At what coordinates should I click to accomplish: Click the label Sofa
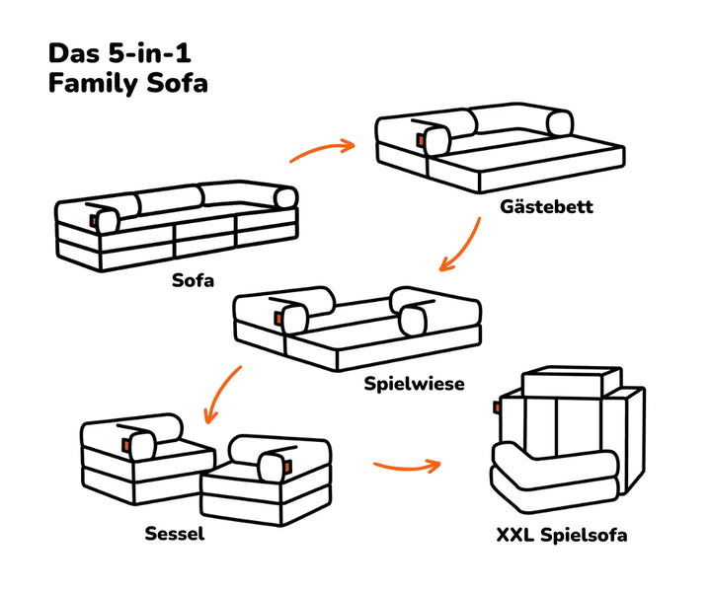tap(193, 279)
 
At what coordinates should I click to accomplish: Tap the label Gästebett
tap(547, 208)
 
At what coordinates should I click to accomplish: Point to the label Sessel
tap(175, 535)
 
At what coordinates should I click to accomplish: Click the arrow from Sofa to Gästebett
tap(322, 150)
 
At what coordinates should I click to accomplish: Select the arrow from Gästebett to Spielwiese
tap(462, 245)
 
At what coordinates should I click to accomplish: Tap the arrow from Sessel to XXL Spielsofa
tap(406, 464)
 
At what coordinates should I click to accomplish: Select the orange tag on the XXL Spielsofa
tap(498, 407)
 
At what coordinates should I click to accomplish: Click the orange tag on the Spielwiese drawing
tap(276, 317)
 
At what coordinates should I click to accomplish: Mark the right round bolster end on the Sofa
tap(285, 195)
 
